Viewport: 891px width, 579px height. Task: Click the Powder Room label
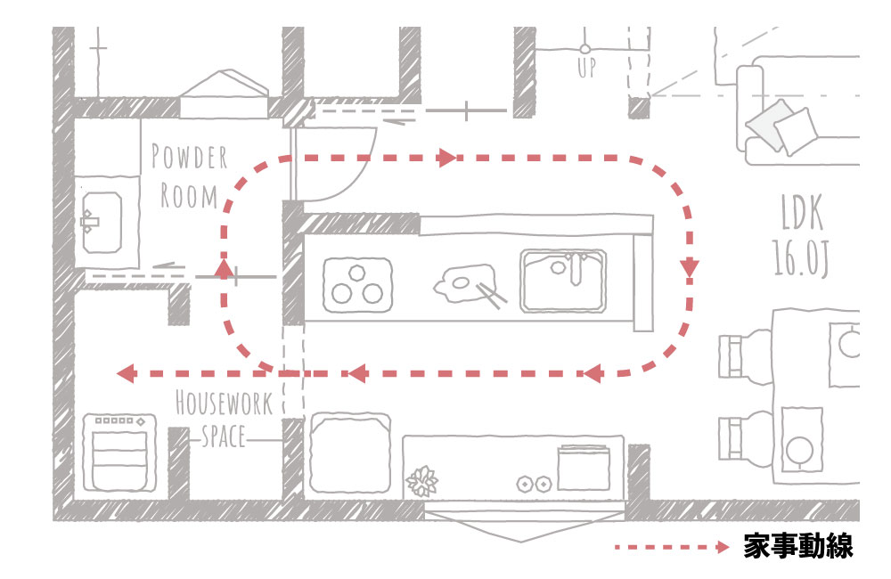pos(189,176)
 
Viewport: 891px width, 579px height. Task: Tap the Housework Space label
pos(224,420)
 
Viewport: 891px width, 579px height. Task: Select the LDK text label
pos(802,212)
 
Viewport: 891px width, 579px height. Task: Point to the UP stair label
pos(586,68)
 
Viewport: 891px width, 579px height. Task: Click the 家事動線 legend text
pos(797,547)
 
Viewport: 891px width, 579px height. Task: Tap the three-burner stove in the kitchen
pos(357,285)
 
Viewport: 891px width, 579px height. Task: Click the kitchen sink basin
pos(563,281)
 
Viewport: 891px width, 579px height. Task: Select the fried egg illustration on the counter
pos(464,282)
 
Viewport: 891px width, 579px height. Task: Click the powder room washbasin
pos(102,222)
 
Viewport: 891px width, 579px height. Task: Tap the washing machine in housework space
pos(119,453)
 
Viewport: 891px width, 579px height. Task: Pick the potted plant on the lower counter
pos(421,481)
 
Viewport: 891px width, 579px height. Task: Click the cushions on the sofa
pos(781,128)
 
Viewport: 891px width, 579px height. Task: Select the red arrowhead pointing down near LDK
pos(690,267)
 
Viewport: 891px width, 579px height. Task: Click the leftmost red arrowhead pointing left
pos(127,373)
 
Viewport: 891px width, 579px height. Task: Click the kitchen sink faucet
pos(575,269)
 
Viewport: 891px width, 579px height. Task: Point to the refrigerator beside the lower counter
pos(350,453)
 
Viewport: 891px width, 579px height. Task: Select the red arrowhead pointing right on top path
pos(447,157)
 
